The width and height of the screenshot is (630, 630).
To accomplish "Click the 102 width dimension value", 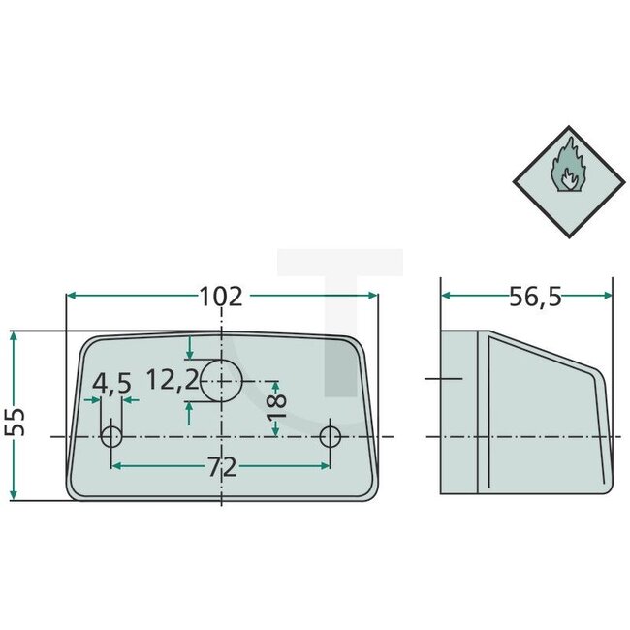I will coord(221,296).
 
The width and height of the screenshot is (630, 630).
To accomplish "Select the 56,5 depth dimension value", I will coord(535,297).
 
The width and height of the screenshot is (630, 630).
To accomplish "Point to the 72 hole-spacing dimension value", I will coord(221,468).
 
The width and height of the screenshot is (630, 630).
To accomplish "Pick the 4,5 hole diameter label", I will coord(112,385).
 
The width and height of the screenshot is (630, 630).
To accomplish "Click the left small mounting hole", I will coord(112,436).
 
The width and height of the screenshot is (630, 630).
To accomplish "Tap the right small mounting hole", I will coord(331,436).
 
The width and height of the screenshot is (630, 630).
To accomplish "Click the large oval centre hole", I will coord(221,380).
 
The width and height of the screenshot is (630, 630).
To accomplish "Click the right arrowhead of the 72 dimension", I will coord(326,467).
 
